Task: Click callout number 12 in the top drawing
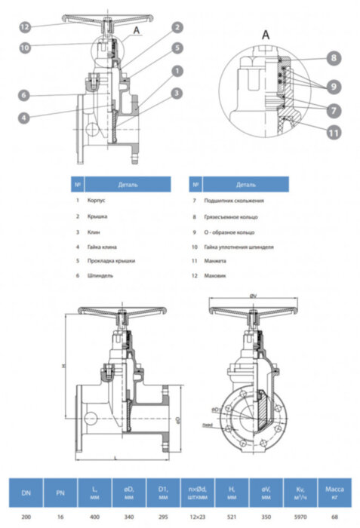pos(25,26)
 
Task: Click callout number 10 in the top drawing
pos(25,46)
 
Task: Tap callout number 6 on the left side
pos(25,95)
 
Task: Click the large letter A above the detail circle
pos(266,35)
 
